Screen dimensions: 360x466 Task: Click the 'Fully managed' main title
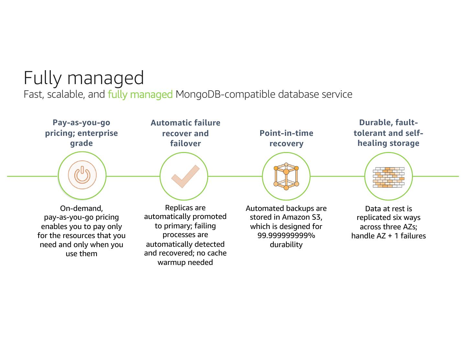point(83,78)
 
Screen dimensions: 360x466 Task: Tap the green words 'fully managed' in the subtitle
point(140,94)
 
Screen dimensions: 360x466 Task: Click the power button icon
point(82,176)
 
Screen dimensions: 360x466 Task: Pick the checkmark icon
point(185,176)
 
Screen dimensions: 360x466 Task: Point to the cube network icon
point(286,176)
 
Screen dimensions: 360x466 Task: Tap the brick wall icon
point(388,177)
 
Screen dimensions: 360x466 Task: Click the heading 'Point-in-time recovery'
point(286,138)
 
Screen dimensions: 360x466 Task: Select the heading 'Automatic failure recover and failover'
point(185,133)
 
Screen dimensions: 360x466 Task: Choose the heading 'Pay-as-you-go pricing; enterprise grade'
point(82,133)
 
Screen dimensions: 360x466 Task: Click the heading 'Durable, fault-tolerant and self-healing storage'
point(388,133)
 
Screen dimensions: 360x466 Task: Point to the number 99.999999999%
point(286,235)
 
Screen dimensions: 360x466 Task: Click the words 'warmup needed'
point(185,262)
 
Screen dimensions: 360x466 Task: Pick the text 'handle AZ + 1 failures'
point(388,236)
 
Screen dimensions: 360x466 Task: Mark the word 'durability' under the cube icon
point(286,245)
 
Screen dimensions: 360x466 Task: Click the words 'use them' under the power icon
point(82,254)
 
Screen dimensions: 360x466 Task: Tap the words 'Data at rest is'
point(388,209)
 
